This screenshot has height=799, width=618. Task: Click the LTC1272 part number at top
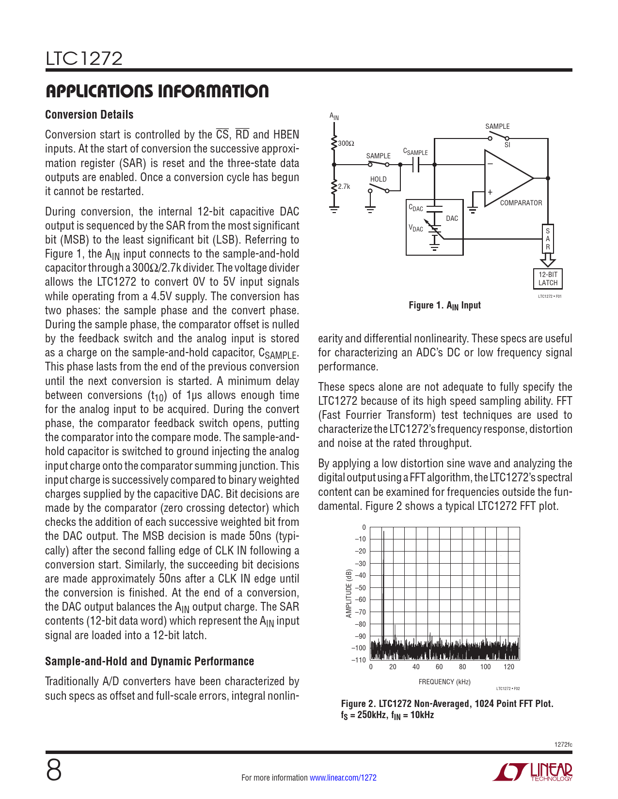coord(84,59)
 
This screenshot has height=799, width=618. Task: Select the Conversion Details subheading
coord(89,115)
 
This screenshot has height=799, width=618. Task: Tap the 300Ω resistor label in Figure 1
coord(346,143)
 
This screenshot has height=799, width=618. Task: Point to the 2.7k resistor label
coord(344,186)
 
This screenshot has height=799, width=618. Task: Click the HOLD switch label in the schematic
coord(378,179)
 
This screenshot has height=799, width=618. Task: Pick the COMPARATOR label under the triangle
coord(521,203)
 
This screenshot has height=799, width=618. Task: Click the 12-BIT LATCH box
coord(548,278)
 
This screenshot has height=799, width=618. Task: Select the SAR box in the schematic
coord(548,239)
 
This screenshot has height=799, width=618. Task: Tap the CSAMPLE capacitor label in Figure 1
coord(415,152)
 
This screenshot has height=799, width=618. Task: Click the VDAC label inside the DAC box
coord(416,228)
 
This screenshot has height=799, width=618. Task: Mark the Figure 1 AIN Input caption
coord(444,306)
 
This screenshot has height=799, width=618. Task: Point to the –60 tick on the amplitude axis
coord(360,599)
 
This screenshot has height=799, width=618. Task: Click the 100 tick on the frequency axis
coord(485,667)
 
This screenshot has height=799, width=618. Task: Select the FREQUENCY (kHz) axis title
coord(444,682)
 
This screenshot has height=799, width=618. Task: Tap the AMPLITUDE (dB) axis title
coord(349,593)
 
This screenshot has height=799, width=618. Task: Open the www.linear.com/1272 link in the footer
coord(343,778)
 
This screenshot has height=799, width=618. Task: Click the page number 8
coord(54,770)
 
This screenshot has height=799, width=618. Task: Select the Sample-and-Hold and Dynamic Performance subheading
coord(149,661)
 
